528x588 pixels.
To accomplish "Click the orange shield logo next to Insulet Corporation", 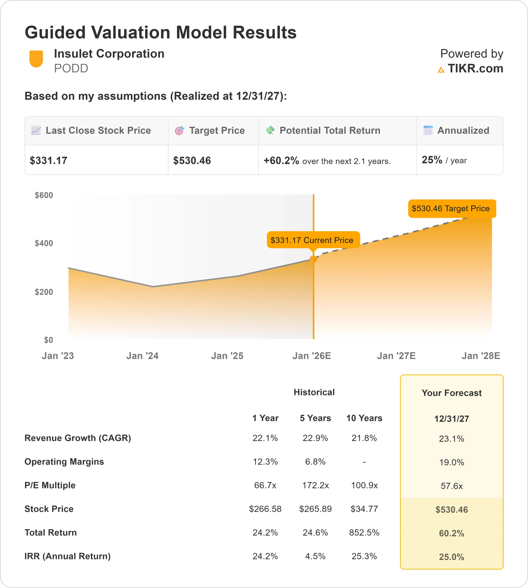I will pos(36,59).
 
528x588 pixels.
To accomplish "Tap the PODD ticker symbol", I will pos(71,68).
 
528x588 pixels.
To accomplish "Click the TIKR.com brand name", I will pos(475,68).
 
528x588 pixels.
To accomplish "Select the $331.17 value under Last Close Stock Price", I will pos(49,161).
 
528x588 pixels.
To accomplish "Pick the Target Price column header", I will pos(217,130).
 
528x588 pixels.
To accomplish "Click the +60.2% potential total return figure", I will pos(281,161).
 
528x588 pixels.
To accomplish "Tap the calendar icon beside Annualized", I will pos(428,130).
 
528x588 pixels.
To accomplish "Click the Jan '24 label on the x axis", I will pos(142,356).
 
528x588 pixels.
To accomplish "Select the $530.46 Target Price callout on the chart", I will pos(452,208).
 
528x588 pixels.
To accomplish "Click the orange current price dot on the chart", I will pos(313,259).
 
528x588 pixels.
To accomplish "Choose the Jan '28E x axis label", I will pos(481,356).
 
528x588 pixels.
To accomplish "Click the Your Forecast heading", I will pos(451,393).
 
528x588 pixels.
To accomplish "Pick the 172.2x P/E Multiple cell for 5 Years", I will pos(315,485).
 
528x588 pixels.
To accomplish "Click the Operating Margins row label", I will pos(64,462).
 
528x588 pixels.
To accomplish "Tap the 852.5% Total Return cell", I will pos(364,533).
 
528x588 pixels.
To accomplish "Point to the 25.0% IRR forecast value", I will pos(451,557).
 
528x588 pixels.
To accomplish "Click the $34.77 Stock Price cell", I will pos(364,509).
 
